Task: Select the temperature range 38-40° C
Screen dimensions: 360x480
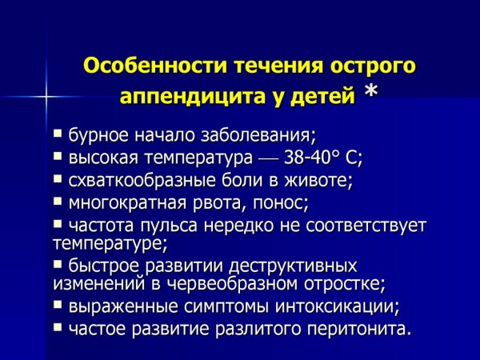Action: (x=316, y=154)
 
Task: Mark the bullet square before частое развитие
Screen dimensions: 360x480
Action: (x=58, y=326)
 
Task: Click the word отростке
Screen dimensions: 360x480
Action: (x=346, y=282)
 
